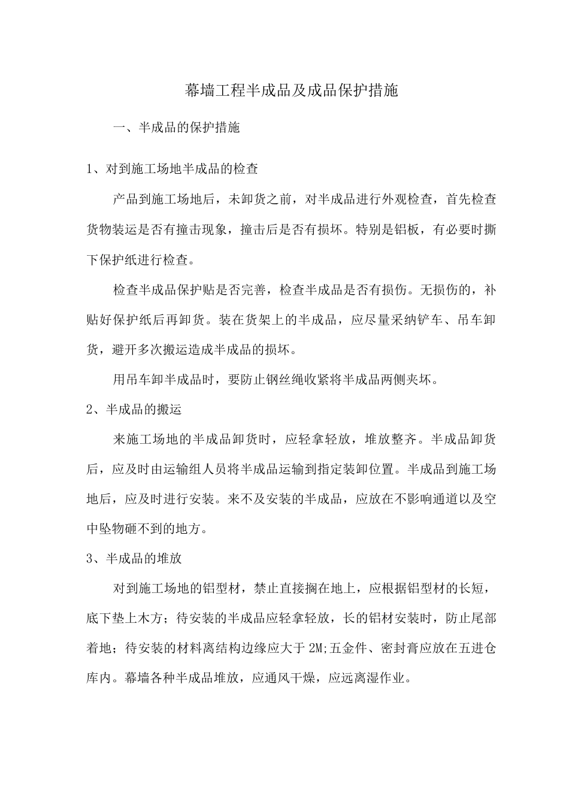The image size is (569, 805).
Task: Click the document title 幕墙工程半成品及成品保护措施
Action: [x=291, y=91]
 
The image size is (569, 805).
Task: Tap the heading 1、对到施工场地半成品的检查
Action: [x=172, y=170]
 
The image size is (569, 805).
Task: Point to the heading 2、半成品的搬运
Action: [x=134, y=410]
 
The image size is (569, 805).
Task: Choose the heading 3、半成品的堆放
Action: [x=134, y=559]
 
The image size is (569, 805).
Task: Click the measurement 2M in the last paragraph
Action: [x=316, y=649]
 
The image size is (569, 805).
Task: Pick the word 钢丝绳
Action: [x=279, y=380]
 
